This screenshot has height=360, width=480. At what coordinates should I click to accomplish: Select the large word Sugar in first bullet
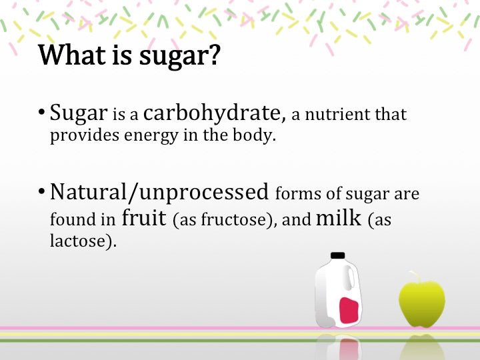[79, 114]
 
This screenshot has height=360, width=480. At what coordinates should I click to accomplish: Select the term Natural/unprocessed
[159, 193]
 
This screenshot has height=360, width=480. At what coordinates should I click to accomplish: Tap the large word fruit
[144, 217]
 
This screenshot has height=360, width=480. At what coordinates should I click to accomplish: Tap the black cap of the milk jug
[338, 255]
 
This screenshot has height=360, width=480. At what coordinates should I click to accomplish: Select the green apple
[421, 303]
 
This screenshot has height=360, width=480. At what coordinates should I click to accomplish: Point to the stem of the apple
[415, 275]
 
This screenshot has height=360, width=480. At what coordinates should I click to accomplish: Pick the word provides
[81, 137]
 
